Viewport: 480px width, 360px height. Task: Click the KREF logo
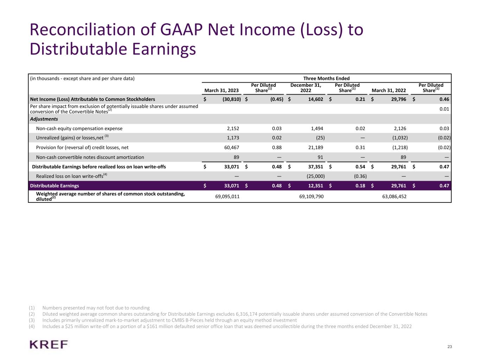tap(49, 344)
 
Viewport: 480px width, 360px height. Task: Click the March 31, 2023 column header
tap(222, 90)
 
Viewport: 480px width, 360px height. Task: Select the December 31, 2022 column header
tap(306, 88)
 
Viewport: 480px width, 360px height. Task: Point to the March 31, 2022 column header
tap(389, 90)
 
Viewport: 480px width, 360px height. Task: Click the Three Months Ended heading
tap(326, 78)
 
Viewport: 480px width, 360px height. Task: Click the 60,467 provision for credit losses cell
tap(231, 148)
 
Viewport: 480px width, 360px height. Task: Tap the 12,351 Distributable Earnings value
tap(315, 186)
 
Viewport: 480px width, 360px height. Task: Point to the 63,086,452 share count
tap(394, 197)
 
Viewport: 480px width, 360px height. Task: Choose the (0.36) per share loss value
tap(360, 176)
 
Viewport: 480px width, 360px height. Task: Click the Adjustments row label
tap(44, 119)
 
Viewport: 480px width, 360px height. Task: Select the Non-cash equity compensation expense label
tap(79, 129)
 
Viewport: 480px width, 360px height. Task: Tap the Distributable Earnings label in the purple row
tap(55, 186)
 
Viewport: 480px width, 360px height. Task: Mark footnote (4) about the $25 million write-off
tap(226, 326)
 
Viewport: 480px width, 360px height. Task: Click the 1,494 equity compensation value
tap(317, 129)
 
